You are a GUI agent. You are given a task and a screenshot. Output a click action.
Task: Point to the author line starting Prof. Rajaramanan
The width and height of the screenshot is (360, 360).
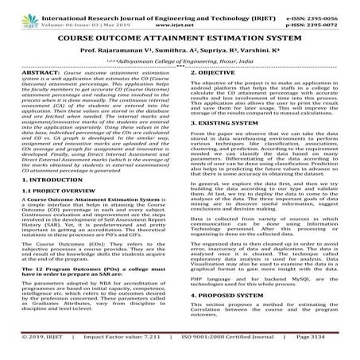[180, 50]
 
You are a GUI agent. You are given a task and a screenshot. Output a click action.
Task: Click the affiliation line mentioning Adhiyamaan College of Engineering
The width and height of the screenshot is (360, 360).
[180, 62]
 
